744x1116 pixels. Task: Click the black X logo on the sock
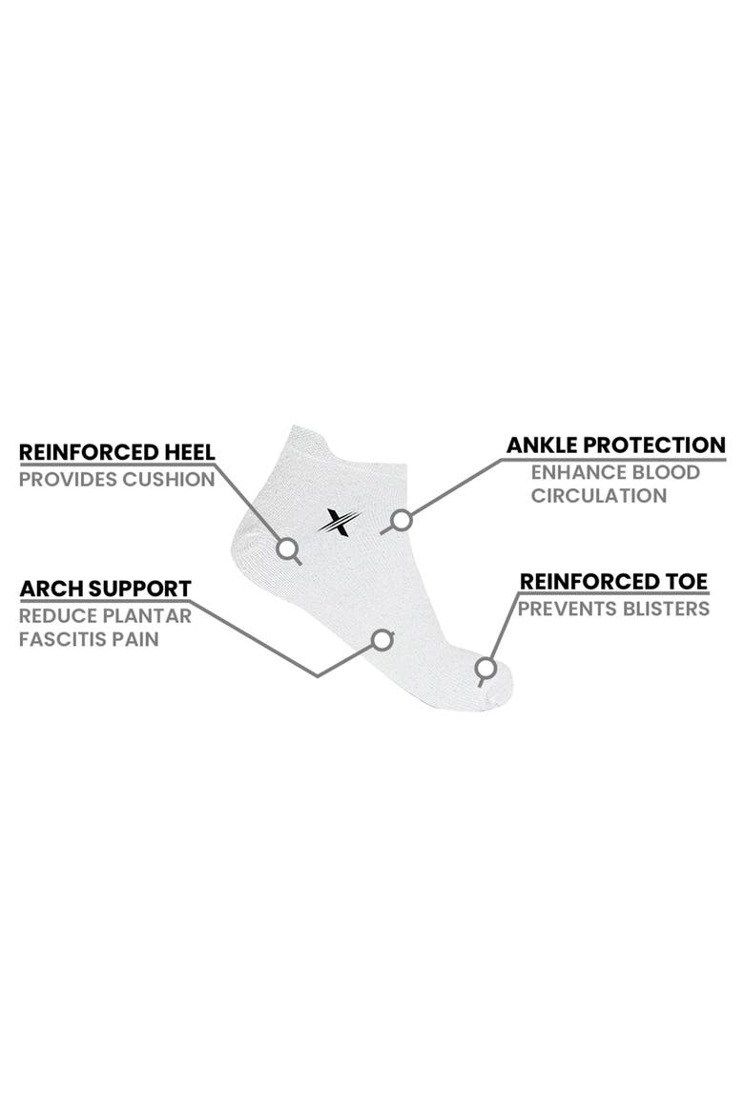(x=340, y=523)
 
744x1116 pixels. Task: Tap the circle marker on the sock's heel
(x=287, y=548)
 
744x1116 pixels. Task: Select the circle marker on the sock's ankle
(x=403, y=520)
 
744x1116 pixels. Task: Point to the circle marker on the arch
(x=383, y=640)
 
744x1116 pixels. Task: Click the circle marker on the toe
(x=486, y=669)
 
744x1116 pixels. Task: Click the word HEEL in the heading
(x=190, y=452)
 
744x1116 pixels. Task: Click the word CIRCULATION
(x=599, y=496)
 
